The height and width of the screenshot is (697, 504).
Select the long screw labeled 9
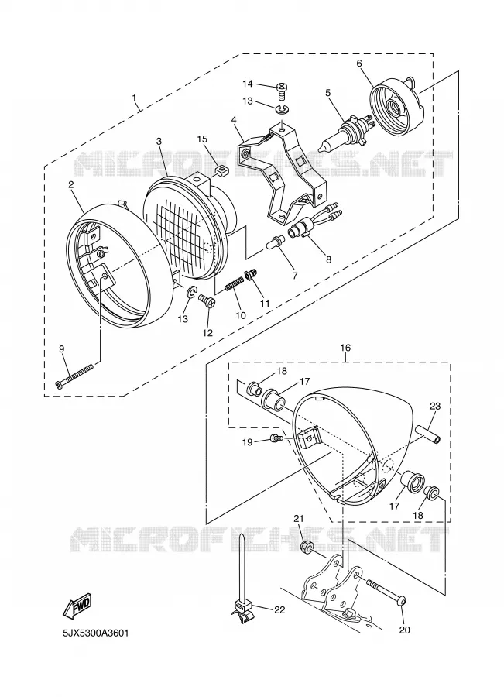[74, 376]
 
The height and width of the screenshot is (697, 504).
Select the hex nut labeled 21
[306, 546]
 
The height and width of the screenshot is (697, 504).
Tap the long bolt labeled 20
[386, 591]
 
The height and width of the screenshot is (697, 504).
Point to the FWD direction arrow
[77, 606]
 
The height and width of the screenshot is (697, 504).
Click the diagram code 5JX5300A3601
[96, 633]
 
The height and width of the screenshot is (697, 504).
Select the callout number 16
[345, 348]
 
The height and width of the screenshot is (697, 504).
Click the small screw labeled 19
[275, 438]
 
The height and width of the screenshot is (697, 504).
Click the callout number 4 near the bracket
[234, 119]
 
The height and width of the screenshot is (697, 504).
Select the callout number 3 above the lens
[159, 141]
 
